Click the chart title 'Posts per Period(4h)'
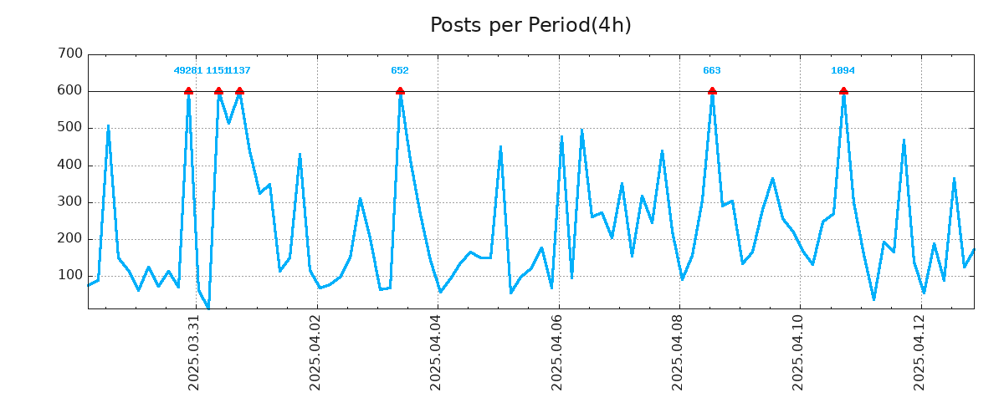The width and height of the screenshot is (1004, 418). pos(530,25)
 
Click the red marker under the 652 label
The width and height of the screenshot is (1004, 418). pos(400,90)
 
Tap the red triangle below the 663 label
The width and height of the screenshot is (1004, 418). pos(712,90)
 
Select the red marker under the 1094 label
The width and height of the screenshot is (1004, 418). pos(843,90)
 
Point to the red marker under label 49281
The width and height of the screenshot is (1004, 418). pos(188,90)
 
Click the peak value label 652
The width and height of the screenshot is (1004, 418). pos(400,71)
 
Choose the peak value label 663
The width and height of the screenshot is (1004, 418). pos(712,71)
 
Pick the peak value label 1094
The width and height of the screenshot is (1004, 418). pos(843,71)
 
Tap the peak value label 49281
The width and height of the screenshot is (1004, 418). pos(187,71)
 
